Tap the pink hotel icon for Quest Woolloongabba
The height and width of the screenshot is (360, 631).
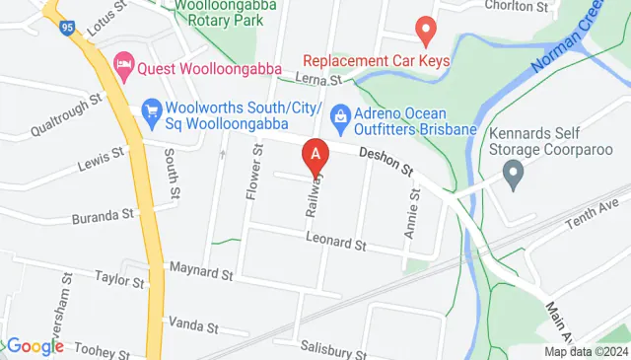124,66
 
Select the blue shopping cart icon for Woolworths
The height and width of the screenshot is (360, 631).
152,110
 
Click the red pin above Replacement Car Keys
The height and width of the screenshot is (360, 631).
426,30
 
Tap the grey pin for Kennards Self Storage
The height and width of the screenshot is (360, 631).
513,178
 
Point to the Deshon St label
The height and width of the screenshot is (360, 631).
386,162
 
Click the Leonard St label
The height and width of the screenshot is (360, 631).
335,242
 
